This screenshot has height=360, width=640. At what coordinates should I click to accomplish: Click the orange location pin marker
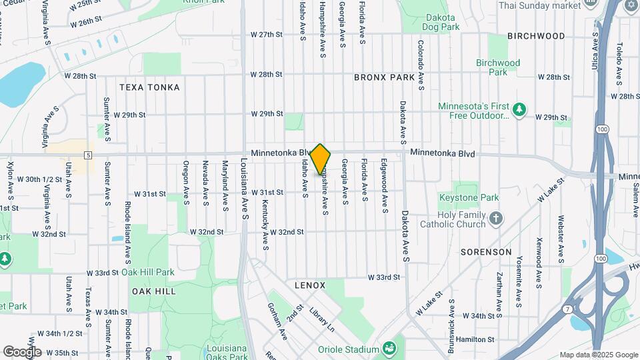(321, 159)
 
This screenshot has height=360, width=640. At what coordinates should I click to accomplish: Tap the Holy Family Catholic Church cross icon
(495, 217)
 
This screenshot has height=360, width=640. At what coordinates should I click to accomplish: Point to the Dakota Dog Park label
(441, 22)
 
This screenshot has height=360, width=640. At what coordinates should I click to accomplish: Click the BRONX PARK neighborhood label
(385, 77)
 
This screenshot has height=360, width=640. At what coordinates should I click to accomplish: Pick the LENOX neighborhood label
(310, 285)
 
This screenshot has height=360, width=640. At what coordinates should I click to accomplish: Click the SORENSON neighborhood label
(486, 252)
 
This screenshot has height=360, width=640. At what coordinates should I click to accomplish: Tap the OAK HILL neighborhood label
(153, 291)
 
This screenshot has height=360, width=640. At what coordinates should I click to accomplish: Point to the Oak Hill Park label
(148, 272)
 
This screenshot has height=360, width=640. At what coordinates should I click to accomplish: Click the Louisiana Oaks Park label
(217, 353)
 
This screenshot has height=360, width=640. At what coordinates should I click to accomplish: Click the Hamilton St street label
(475, 339)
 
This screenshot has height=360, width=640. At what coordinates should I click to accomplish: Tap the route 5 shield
(88, 155)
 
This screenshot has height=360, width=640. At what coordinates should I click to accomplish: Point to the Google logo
(22, 351)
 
